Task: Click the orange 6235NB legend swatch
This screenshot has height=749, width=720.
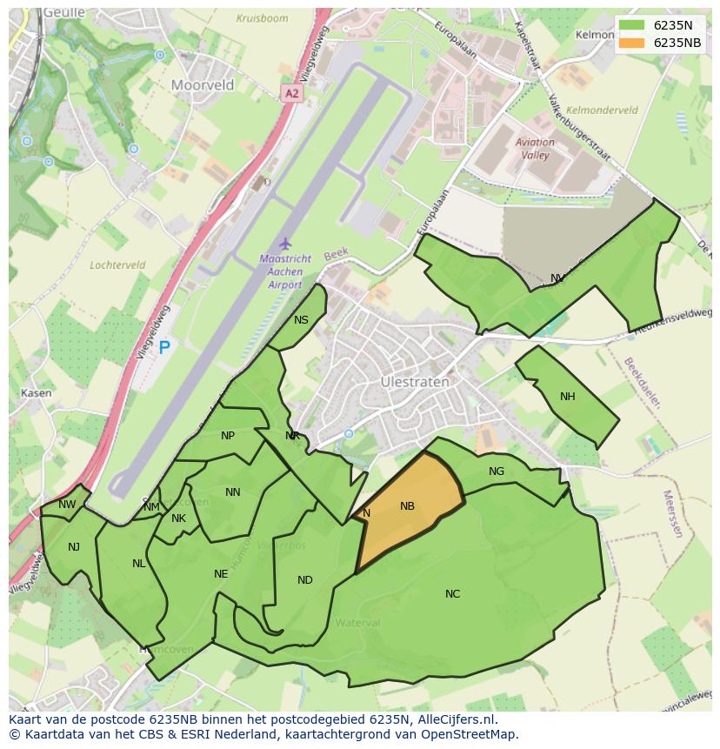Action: click(x=633, y=43)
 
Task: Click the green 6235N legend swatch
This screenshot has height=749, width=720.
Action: click(x=633, y=25)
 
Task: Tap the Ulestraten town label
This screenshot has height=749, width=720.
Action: click(x=415, y=382)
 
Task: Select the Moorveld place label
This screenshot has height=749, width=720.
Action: click(x=203, y=85)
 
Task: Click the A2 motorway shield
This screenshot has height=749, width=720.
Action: click(x=291, y=92)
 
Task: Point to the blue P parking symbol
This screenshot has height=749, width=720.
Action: click(x=163, y=348)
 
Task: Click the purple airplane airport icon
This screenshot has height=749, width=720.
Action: click(x=283, y=244)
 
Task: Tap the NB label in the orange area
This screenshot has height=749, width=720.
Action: click(x=407, y=506)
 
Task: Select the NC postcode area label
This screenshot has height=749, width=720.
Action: click(x=452, y=594)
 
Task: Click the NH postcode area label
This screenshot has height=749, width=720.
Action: click(x=568, y=397)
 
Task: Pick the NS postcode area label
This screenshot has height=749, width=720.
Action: click(x=301, y=320)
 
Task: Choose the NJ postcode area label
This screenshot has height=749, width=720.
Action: click(x=74, y=546)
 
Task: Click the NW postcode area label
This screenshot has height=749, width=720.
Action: click(x=67, y=505)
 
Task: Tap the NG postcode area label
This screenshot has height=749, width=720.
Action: click(x=497, y=471)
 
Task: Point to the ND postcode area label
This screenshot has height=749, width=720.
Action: click(x=304, y=580)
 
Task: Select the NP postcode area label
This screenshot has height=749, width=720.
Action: click(x=228, y=436)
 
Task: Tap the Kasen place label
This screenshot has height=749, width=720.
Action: click(x=36, y=393)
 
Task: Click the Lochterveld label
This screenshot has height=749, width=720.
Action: click(x=117, y=265)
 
